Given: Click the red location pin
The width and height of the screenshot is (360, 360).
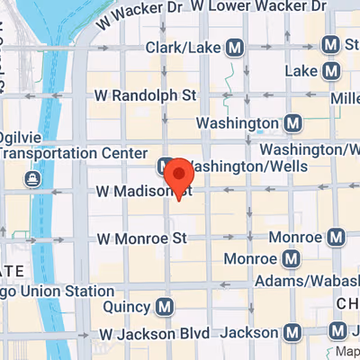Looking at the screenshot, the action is pos(180,175).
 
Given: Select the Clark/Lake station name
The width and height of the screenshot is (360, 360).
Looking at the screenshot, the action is pos(184,46).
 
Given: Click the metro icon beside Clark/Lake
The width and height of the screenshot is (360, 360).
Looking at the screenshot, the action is pos(236,46).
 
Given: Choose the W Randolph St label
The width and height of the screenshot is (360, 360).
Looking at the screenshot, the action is pos(146,94).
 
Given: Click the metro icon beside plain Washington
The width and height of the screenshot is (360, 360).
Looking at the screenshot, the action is pos(292,122).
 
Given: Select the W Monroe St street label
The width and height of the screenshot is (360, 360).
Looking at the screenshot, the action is pos(141,238).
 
